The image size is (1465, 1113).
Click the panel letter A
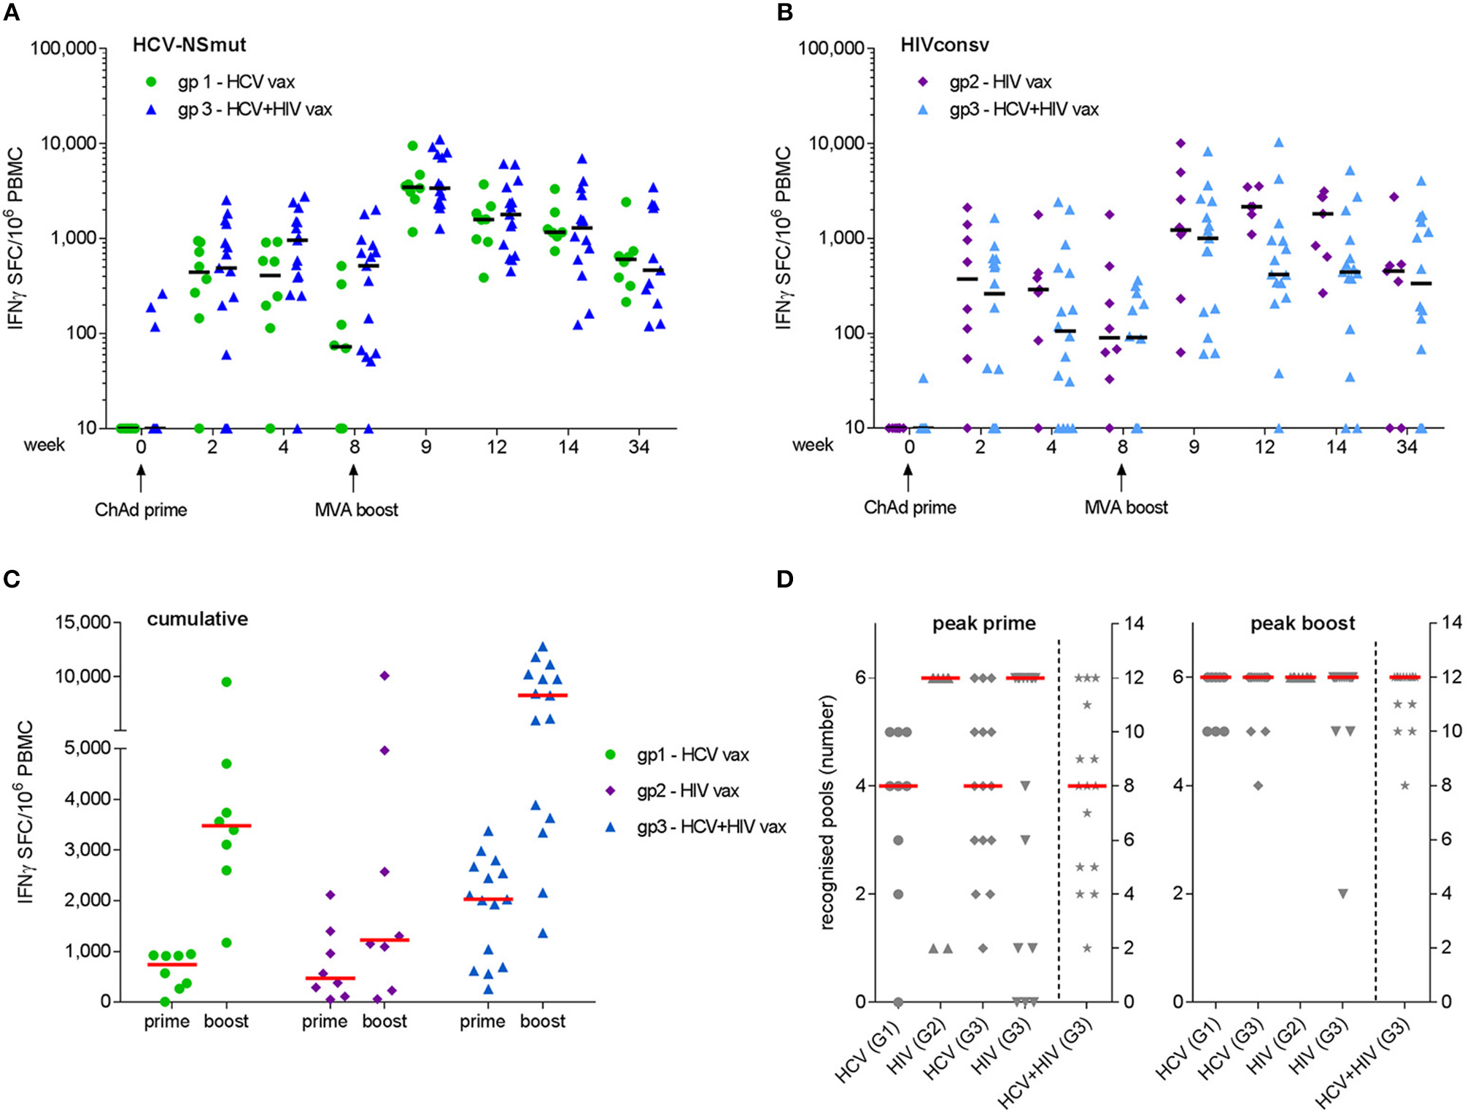pyautogui.click(x=11, y=13)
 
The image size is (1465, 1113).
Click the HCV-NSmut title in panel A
pyautogui.click(x=189, y=45)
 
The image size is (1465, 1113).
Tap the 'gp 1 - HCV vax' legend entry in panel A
pyautogui.click(x=236, y=82)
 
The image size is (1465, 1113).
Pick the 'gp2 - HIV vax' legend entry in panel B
pyautogui.click(x=1000, y=82)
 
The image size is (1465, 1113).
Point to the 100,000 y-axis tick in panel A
pyautogui.click(x=63, y=49)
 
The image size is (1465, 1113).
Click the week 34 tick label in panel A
pyautogui.click(x=638, y=447)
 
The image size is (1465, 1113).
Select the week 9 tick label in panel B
pyautogui.click(x=1194, y=447)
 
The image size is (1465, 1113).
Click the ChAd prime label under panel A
pyautogui.click(x=141, y=509)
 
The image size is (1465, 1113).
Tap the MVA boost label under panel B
pyautogui.click(x=1126, y=507)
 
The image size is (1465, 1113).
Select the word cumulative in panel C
pyautogui.click(x=198, y=619)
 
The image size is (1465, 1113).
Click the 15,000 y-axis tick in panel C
pyautogui.click(x=85, y=622)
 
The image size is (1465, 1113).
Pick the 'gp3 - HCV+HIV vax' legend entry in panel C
pyautogui.click(x=711, y=827)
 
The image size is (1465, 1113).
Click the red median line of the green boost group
pyautogui.click(x=226, y=825)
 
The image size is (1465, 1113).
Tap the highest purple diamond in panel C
pyautogui.click(x=384, y=675)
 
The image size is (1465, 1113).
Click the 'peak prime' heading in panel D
pyautogui.click(x=983, y=623)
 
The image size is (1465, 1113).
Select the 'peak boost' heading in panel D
pyautogui.click(x=1302, y=623)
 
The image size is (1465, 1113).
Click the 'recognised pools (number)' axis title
pyautogui.click(x=827, y=812)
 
